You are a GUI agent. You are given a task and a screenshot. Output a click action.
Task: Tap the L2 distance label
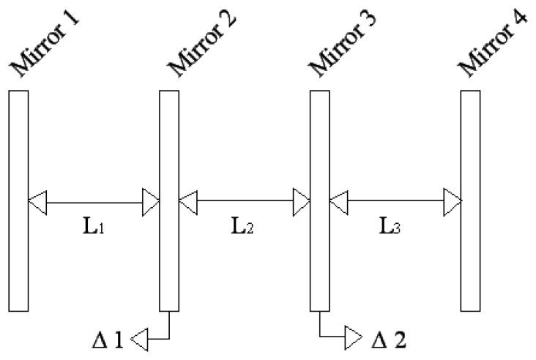(243, 226)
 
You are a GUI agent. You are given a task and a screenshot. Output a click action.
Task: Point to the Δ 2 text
(388, 340)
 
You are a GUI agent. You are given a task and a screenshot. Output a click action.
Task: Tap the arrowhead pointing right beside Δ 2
(353, 339)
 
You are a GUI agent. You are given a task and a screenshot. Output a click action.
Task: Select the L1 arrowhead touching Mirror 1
(37, 199)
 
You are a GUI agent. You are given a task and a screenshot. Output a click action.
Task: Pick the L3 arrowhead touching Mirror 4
(453, 199)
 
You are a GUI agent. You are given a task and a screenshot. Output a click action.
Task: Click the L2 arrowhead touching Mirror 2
(187, 199)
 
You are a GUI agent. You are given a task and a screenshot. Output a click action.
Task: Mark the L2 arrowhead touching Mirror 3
(302, 199)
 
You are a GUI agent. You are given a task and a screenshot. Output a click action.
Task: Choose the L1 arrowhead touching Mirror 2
(152, 199)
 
